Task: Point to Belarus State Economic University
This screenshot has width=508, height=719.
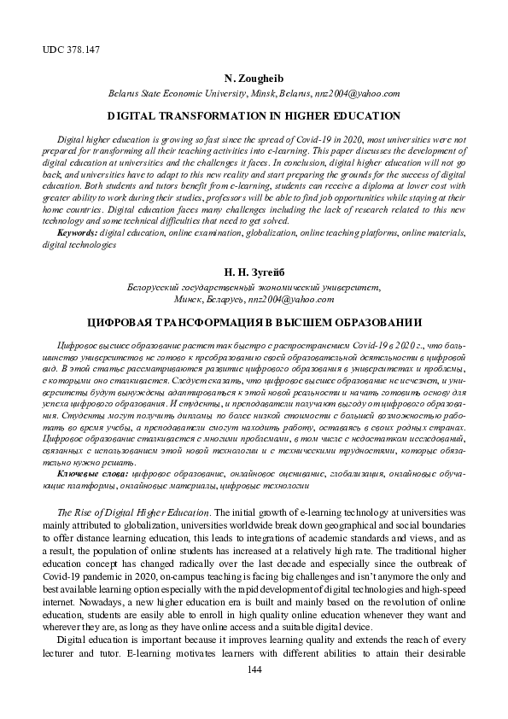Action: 186,94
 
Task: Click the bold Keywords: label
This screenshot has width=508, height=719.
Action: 77,232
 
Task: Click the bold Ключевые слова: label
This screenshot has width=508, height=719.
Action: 95,471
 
